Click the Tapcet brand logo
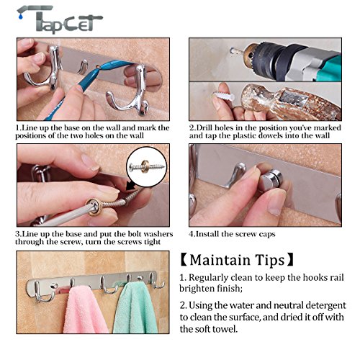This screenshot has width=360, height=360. pyautogui.click(x=60, y=19)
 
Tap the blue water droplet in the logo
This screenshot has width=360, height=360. pyautogui.click(x=22, y=17)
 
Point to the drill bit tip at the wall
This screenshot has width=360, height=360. pyautogui.click(x=233, y=51)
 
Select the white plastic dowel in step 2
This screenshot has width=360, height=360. pyautogui.click(x=223, y=96)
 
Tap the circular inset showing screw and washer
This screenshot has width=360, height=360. pyautogui.click(x=147, y=166)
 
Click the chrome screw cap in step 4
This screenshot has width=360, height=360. pyautogui.click(x=271, y=180)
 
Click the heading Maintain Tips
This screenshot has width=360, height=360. pyautogui.click(x=237, y=260)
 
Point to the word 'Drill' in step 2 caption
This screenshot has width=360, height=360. pyautogui.click(x=204, y=127)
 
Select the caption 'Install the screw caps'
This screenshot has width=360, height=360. pyautogui.click(x=235, y=234)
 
